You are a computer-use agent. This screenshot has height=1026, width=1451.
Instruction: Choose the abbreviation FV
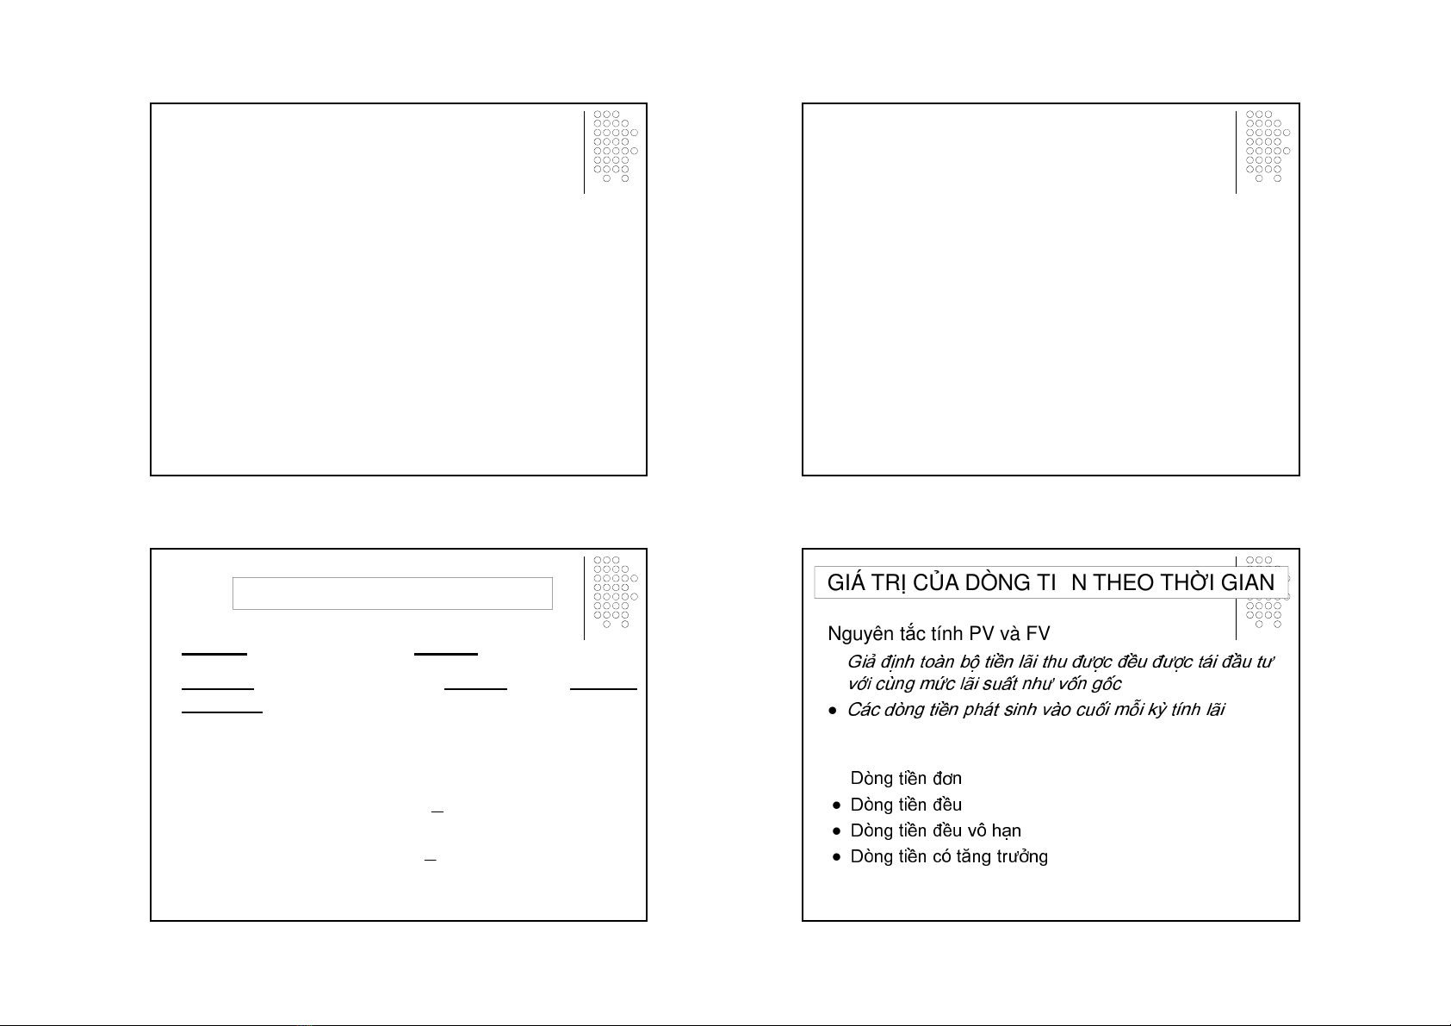click(x=1038, y=633)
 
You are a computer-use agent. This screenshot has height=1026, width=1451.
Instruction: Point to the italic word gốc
click(x=1107, y=685)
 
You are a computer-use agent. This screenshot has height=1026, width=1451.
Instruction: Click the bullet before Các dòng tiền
click(x=833, y=711)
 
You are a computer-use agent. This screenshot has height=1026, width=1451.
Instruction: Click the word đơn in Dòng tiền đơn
click(x=947, y=779)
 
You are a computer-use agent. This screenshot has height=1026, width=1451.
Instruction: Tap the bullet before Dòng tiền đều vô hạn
click(x=837, y=831)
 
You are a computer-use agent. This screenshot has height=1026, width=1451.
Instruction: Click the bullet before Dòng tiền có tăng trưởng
click(x=837, y=857)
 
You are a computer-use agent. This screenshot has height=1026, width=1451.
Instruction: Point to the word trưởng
click(x=1022, y=857)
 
